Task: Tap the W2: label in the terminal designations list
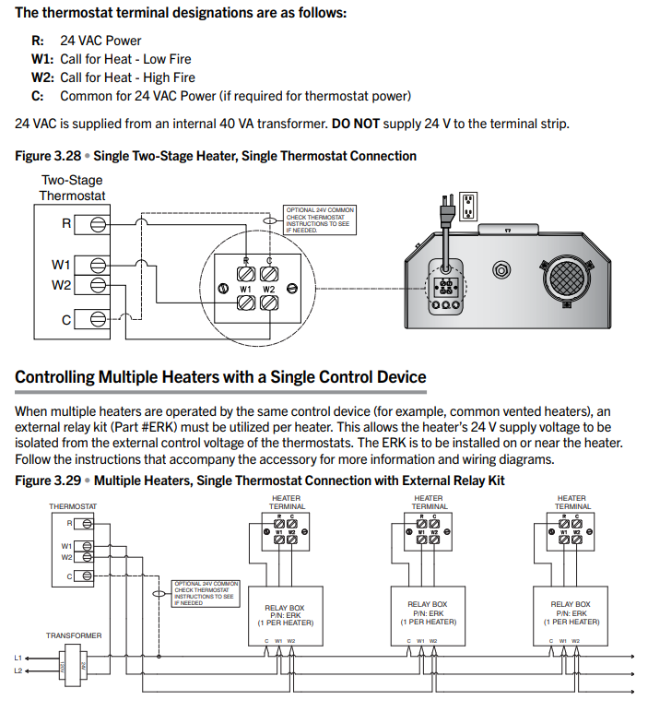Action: pyautogui.click(x=42, y=77)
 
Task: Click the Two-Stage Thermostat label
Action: pyautogui.click(x=72, y=188)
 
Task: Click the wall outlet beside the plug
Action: pyautogui.click(x=468, y=206)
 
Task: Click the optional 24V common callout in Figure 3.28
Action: pyautogui.click(x=319, y=220)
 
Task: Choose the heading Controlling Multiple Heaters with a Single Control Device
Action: pyautogui.click(x=220, y=377)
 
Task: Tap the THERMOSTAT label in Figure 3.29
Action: pyautogui.click(x=73, y=506)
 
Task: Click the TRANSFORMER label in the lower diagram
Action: pyautogui.click(x=74, y=635)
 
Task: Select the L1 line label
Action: pyautogui.click(x=18, y=657)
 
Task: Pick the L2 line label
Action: pyautogui.click(x=18, y=670)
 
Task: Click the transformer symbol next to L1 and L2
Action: pyautogui.click(x=72, y=665)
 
